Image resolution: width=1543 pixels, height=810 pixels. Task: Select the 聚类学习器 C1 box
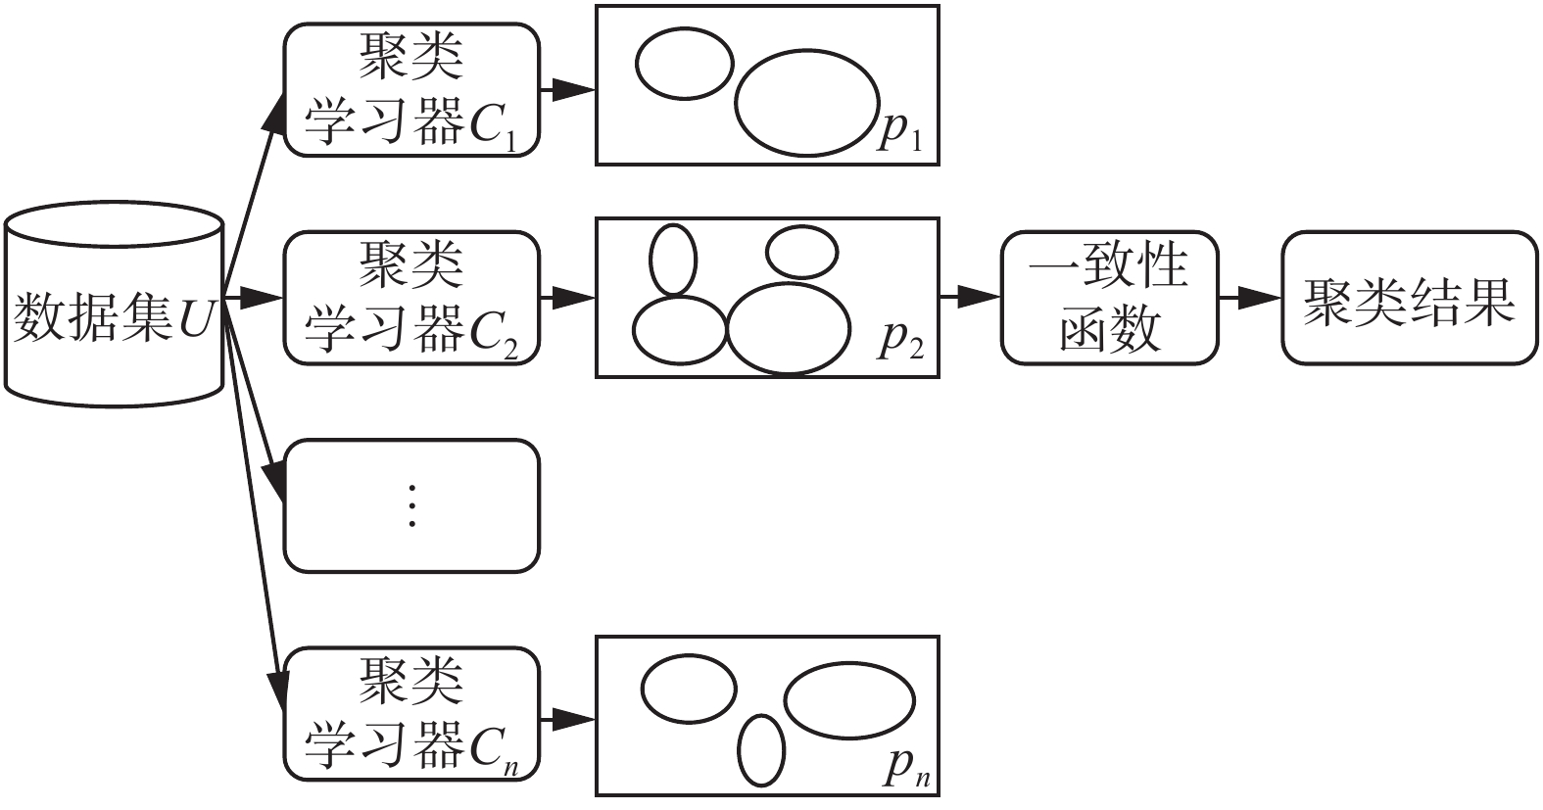(411, 90)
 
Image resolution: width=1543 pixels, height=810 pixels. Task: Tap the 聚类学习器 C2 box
(411, 298)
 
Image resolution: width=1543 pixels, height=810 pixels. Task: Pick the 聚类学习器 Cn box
(411, 714)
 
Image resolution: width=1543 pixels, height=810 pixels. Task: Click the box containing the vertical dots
(411, 505)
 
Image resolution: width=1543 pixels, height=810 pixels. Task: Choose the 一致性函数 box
(1110, 298)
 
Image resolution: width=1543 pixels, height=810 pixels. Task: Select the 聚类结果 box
(1409, 298)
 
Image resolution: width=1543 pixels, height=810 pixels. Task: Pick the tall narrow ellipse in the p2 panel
(673, 260)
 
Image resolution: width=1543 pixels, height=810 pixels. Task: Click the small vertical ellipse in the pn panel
(761, 751)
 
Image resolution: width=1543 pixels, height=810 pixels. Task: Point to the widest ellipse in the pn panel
(849, 699)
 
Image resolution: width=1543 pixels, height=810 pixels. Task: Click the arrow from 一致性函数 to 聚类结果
(1251, 298)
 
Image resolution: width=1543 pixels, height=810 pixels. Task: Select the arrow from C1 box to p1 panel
(568, 90)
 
